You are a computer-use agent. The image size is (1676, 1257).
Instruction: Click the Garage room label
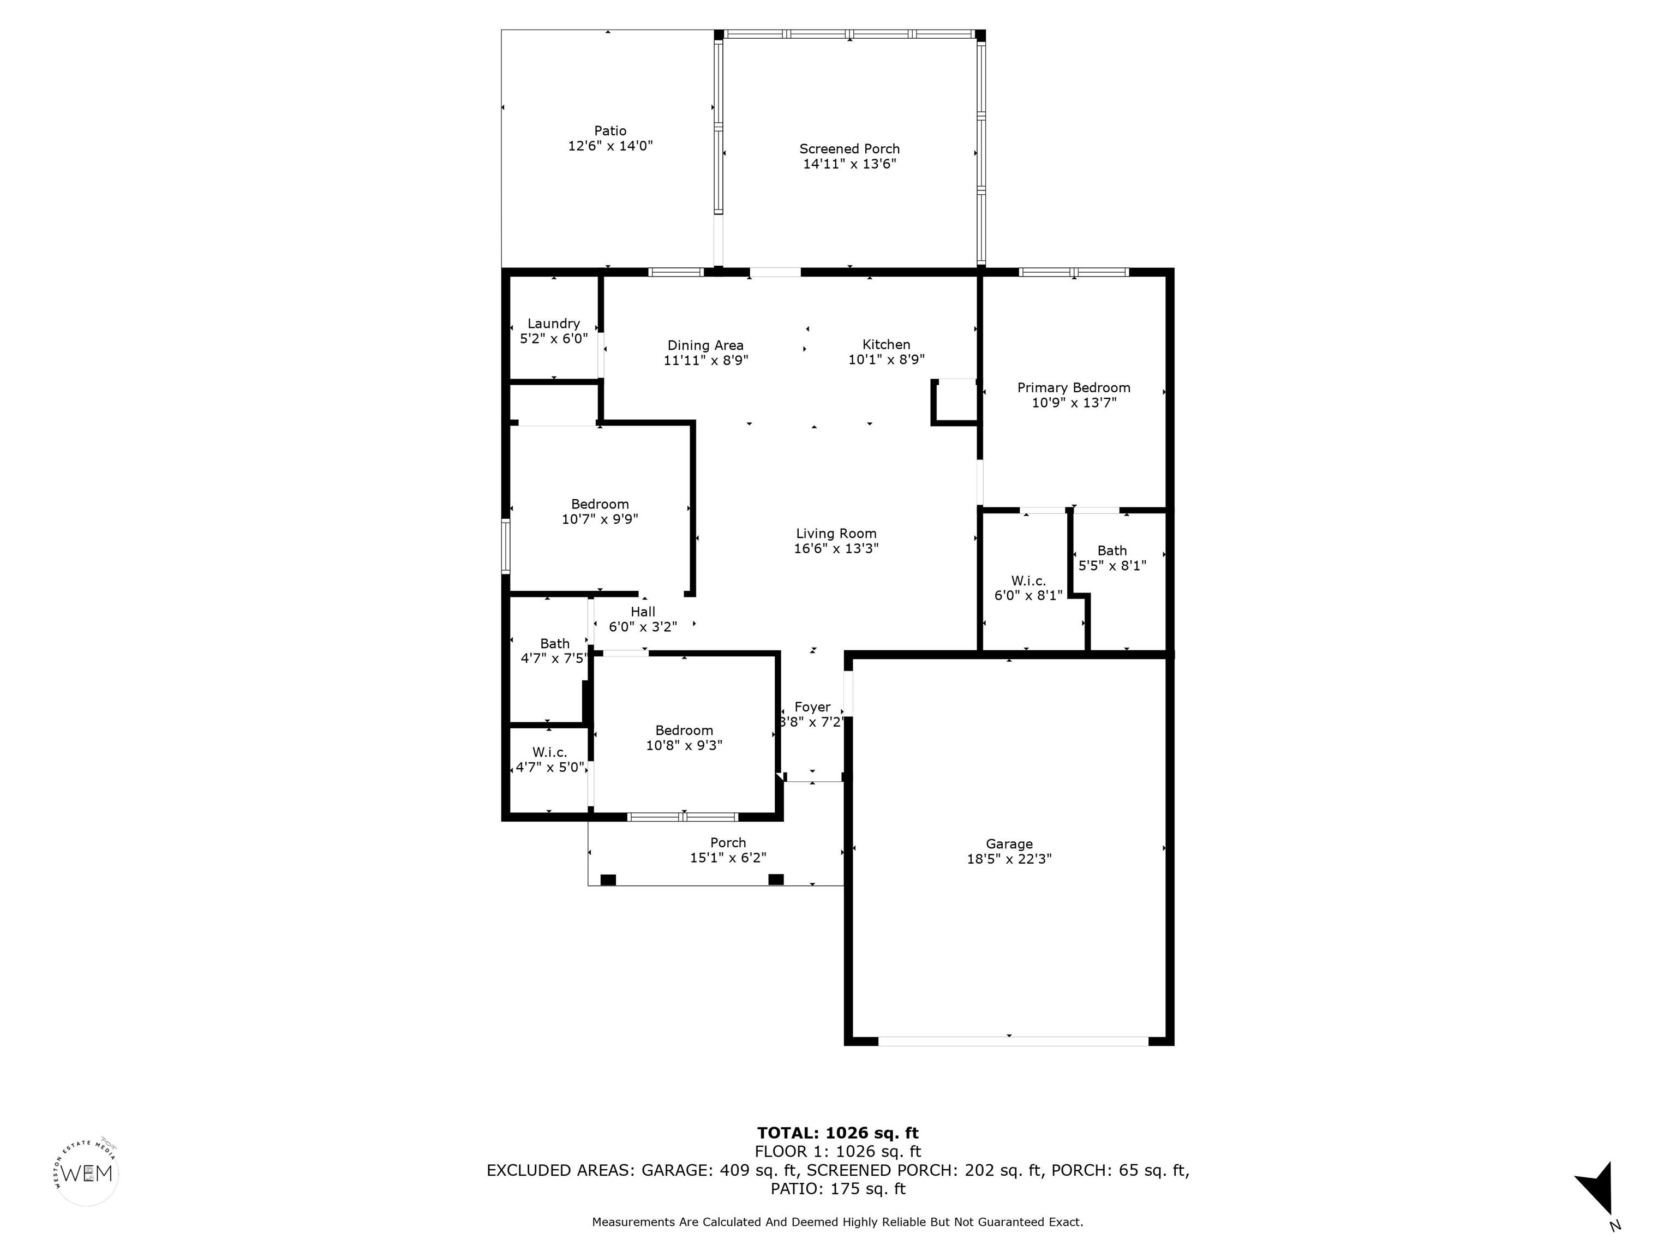pyautogui.click(x=1008, y=843)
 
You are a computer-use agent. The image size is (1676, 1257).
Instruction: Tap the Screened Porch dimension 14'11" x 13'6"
pyautogui.click(x=849, y=164)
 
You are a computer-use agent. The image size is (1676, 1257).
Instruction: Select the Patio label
pyautogui.click(x=610, y=130)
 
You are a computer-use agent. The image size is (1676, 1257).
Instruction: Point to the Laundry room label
pyautogui.click(x=554, y=324)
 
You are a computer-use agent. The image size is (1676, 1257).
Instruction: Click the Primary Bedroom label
pyautogui.click(x=1074, y=387)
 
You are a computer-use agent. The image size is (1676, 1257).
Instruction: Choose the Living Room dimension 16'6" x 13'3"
pyautogui.click(x=836, y=548)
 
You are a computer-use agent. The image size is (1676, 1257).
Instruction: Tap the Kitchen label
pyautogui.click(x=885, y=344)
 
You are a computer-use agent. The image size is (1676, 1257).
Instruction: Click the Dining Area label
pyautogui.click(x=705, y=345)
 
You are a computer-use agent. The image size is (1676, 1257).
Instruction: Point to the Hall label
pyautogui.click(x=643, y=612)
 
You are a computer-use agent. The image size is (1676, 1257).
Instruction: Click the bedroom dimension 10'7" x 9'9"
pyautogui.click(x=600, y=519)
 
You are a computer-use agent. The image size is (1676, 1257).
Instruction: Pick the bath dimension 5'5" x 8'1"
pyautogui.click(x=1112, y=565)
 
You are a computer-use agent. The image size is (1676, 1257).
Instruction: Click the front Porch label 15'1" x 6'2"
pyautogui.click(x=728, y=850)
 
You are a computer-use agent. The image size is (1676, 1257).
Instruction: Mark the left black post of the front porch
pyautogui.click(x=608, y=879)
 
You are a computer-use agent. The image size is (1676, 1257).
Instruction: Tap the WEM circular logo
pyautogui.click(x=87, y=1174)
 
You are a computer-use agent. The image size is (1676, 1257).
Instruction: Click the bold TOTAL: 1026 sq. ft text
pyautogui.click(x=837, y=1133)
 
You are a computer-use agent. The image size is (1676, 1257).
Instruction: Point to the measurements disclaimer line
pyautogui.click(x=837, y=1222)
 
